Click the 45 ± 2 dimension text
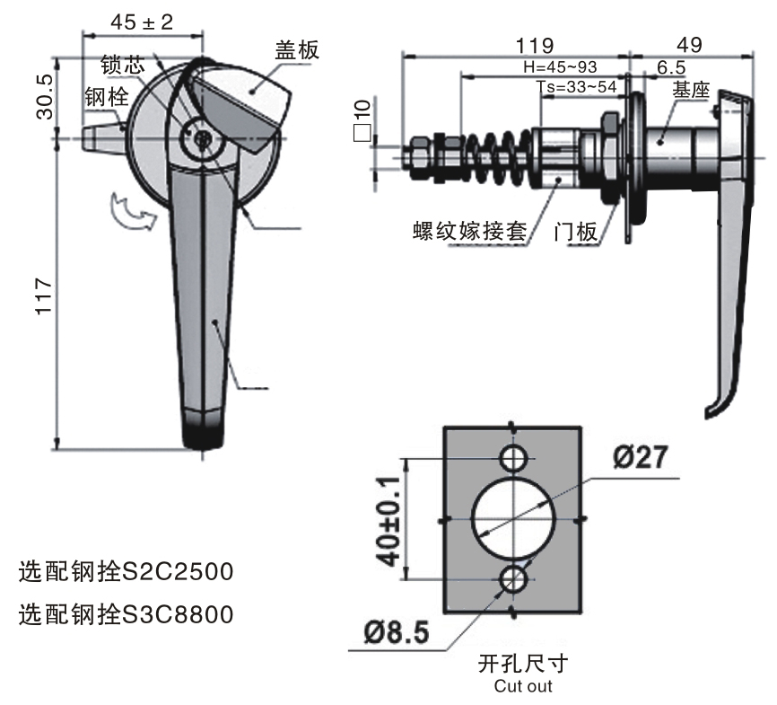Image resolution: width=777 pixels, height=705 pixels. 142,22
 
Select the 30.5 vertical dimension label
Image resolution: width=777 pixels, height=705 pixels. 44,97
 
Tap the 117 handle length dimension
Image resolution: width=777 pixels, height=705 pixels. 44,296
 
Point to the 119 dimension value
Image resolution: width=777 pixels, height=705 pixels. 534,46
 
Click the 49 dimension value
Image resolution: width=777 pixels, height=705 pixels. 689,45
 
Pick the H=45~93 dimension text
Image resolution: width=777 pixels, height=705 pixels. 561,67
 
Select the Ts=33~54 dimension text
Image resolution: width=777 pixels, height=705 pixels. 576,87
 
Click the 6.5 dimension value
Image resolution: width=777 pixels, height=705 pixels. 671,67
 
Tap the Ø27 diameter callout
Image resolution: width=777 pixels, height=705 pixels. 641,457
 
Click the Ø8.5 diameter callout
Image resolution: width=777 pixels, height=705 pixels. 397,632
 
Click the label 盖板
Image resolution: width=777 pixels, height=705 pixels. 297,50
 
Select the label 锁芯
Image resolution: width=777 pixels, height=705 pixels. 122,65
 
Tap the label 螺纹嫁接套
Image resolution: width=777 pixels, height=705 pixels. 469,231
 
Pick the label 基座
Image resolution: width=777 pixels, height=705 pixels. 691,90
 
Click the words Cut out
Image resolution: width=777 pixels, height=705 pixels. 523,686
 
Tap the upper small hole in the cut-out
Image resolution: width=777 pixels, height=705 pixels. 513,458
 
